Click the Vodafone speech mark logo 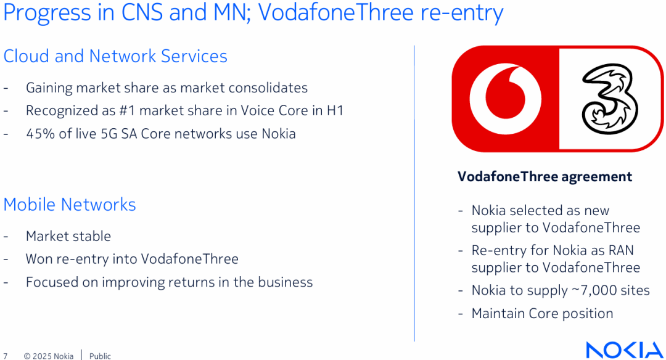pos(506,99)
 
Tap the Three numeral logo pos(610,99)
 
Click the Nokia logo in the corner pos(624,350)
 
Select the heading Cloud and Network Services pos(115,56)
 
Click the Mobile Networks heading pos(70,205)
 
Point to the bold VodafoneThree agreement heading pos(545,176)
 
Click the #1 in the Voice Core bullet pos(127,111)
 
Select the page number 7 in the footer pos(6,356)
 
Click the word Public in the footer pos(100,356)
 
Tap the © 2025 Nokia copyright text pos(49,356)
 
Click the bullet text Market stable pos(68,236)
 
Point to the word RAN pos(621,250)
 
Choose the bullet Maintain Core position pos(543,314)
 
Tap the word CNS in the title pos(142,12)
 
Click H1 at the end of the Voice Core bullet pos(335,111)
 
